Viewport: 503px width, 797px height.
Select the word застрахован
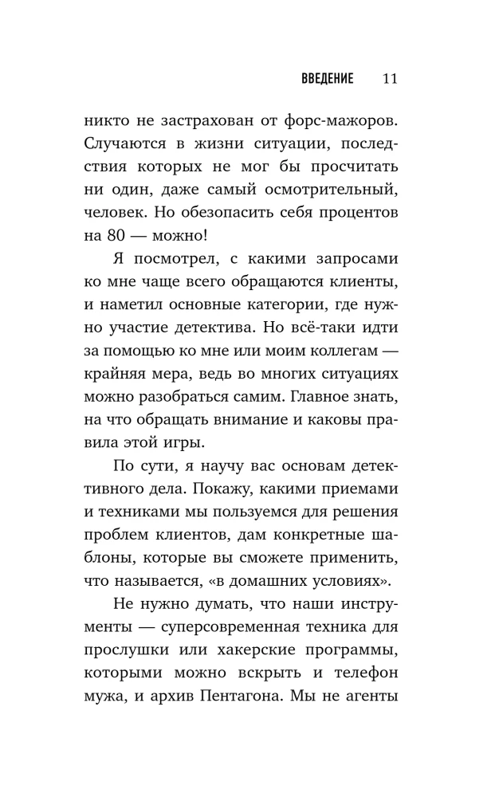click(x=206, y=124)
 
